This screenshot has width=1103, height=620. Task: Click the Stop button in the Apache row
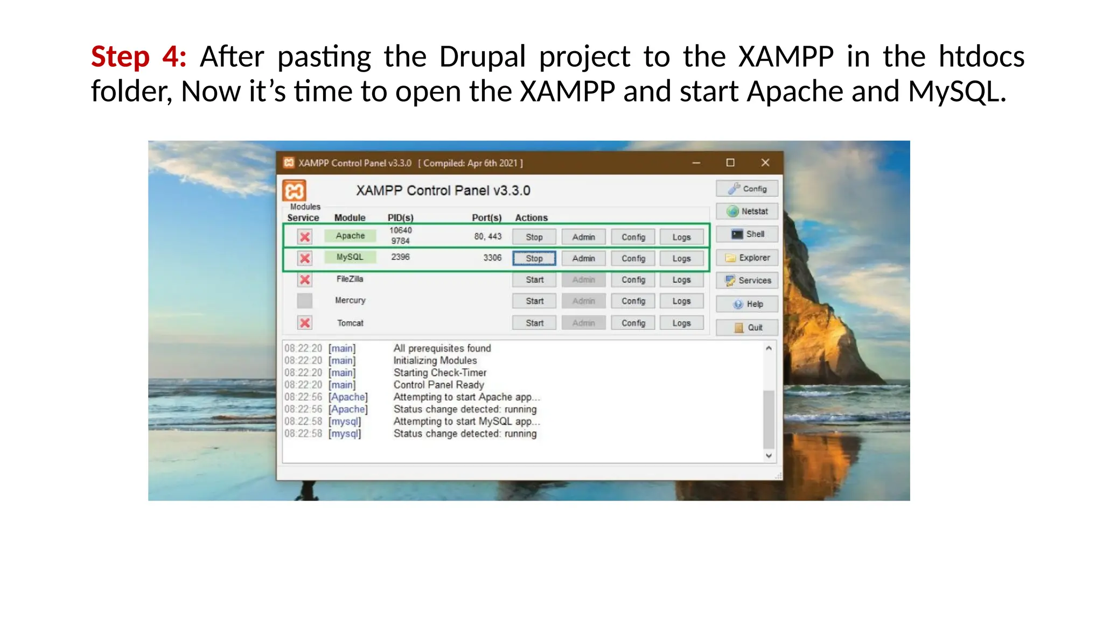click(x=534, y=237)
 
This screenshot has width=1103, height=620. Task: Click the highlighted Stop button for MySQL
click(x=534, y=258)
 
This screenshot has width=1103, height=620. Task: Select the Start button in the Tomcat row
click(x=534, y=323)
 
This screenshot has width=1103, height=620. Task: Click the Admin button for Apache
click(x=583, y=237)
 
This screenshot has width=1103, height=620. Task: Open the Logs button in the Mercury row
click(x=681, y=301)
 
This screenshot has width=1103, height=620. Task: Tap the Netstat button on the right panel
click(x=747, y=212)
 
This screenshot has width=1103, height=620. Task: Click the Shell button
click(x=747, y=234)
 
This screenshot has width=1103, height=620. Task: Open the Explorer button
click(x=747, y=258)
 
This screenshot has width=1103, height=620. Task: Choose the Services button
click(x=747, y=280)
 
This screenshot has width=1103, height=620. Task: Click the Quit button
click(x=747, y=327)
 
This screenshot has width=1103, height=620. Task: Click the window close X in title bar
click(x=765, y=163)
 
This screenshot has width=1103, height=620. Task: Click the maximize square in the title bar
click(x=730, y=163)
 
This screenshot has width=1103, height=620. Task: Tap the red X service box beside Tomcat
click(x=305, y=323)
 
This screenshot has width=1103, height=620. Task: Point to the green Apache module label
click(x=350, y=236)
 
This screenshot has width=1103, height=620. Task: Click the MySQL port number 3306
click(x=492, y=258)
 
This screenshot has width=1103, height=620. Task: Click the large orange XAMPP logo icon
click(x=295, y=191)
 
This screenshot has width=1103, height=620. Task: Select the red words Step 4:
click(x=139, y=57)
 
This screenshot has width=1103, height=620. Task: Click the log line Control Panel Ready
click(x=438, y=385)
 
